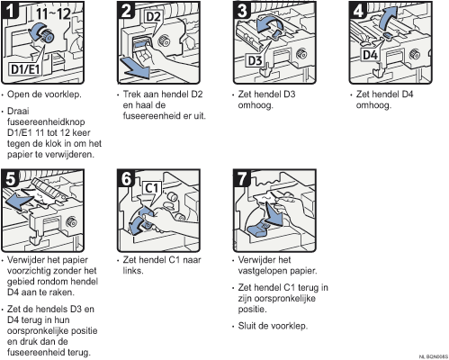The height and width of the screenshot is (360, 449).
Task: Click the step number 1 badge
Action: point(10,10)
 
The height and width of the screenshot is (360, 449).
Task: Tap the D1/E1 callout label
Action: point(25,69)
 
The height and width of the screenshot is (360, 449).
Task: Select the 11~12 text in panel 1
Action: point(54,13)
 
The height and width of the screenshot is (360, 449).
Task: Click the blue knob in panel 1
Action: point(48,36)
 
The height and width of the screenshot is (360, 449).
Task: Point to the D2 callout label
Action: point(153,17)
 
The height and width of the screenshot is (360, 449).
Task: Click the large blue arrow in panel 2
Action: point(135,67)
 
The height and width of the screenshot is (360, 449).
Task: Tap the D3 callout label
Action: point(255,60)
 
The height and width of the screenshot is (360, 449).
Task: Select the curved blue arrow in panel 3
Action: point(268,24)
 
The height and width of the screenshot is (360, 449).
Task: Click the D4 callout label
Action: point(370,55)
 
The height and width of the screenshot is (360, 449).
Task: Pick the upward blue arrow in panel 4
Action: point(388,18)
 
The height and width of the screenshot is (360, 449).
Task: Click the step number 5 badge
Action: point(10,178)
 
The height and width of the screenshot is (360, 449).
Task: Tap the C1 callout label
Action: point(151,188)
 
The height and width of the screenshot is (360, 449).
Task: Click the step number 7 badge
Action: point(242,178)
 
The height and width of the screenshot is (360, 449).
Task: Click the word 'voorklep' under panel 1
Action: point(63,94)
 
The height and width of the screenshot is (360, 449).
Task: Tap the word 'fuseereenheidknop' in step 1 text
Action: point(46,122)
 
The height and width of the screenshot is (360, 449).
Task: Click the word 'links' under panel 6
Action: point(133,271)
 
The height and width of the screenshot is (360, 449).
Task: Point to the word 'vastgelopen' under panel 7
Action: point(263,271)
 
